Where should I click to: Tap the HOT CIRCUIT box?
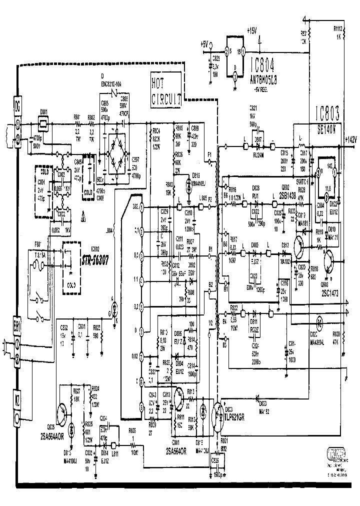pos(165,89)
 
